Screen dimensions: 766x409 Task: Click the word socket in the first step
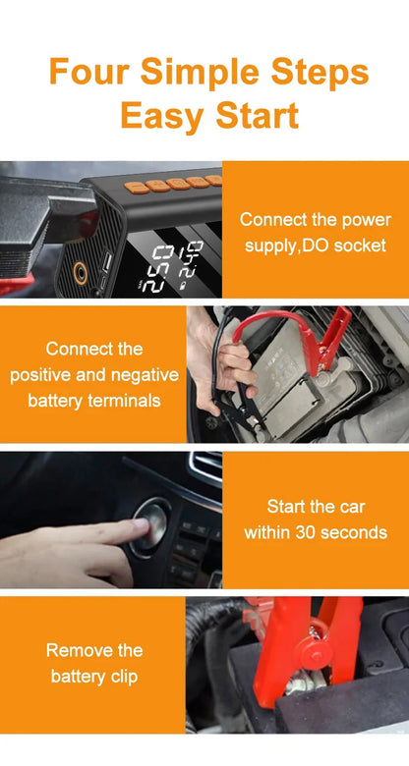coord(360,246)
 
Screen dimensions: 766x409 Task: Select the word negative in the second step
coord(145,375)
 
